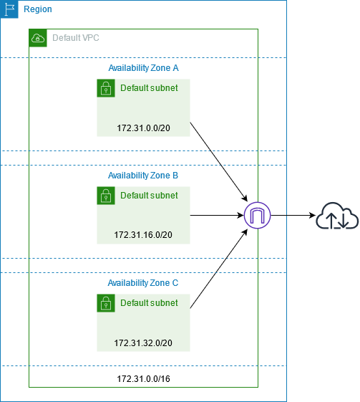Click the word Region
(x=37, y=10)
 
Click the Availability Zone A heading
(x=143, y=67)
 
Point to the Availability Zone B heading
(x=143, y=175)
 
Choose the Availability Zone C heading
(x=143, y=283)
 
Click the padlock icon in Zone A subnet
(x=106, y=88)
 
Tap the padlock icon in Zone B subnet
(x=106, y=196)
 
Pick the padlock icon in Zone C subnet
(x=106, y=303)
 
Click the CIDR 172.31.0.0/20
(x=143, y=128)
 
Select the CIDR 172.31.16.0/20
(x=143, y=235)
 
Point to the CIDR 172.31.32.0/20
(x=143, y=343)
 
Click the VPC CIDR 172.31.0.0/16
(x=143, y=377)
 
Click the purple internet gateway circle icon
(x=256, y=215)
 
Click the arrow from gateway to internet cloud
(x=291, y=215)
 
